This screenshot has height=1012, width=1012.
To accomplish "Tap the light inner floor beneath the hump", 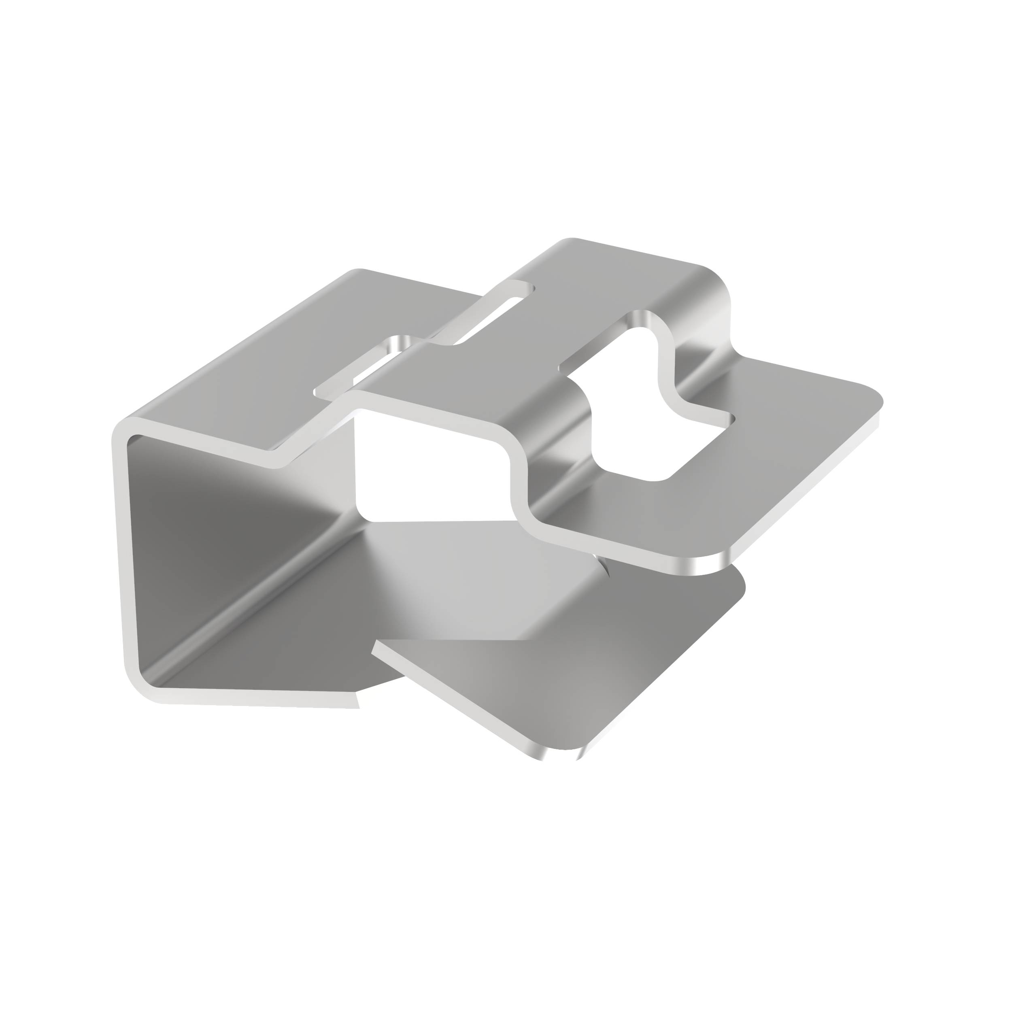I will coord(472,576).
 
